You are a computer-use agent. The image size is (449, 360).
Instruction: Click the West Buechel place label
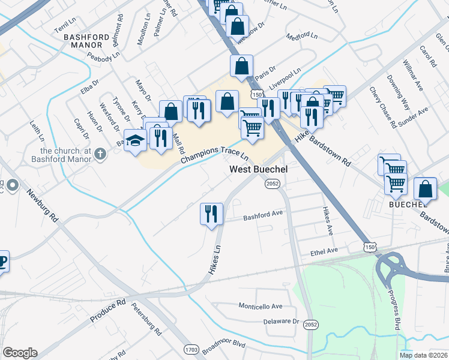tap(259, 170)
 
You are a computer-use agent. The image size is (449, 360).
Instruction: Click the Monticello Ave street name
tap(261, 306)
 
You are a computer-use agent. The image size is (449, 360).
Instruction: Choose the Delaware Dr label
tap(282, 322)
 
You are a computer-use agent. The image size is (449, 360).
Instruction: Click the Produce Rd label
tap(108, 310)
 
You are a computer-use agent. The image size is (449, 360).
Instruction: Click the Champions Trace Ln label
tap(215, 157)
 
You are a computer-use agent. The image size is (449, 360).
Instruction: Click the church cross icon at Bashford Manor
tap(100, 154)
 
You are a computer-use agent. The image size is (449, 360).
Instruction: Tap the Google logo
tap(20, 353)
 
